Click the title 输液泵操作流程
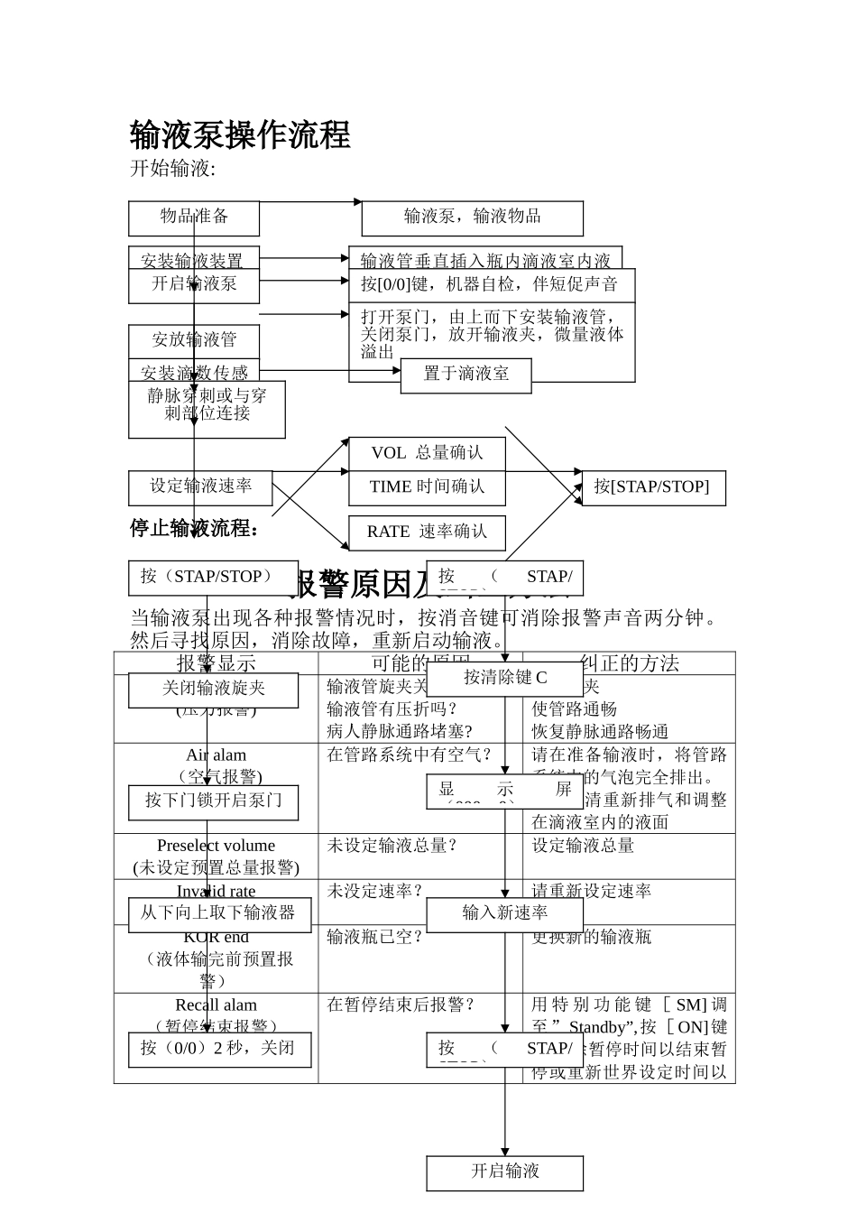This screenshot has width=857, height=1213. [x=240, y=135]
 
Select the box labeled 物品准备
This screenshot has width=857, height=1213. [x=194, y=218]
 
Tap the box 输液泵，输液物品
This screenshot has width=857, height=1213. [x=472, y=218]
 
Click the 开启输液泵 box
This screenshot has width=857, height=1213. [x=194, y=284]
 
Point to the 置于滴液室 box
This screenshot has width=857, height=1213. [x=465, y=375]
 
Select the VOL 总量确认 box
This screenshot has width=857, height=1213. [x=427, y=453]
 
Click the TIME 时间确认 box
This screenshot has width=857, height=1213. [x=427, y=487]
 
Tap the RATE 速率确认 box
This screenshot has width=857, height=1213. [x=427, y=532]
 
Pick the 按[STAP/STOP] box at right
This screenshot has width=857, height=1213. [x=652, y=487]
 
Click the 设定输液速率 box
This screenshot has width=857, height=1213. [x=200, y=486]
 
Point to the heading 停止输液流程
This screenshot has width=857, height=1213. [x=195, y=528]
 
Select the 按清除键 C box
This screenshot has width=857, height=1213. [x=504, y=678]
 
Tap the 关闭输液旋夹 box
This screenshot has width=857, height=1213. [x=213, y=689]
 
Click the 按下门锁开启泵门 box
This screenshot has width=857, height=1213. [x=213, y=801]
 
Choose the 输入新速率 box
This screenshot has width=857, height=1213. [x=504, y=913]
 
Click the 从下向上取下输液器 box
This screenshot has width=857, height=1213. [x=213, y=913]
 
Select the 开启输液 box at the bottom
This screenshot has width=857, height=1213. [x=504, y=1171]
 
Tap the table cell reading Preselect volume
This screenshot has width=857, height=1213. [x=216, y=846]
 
